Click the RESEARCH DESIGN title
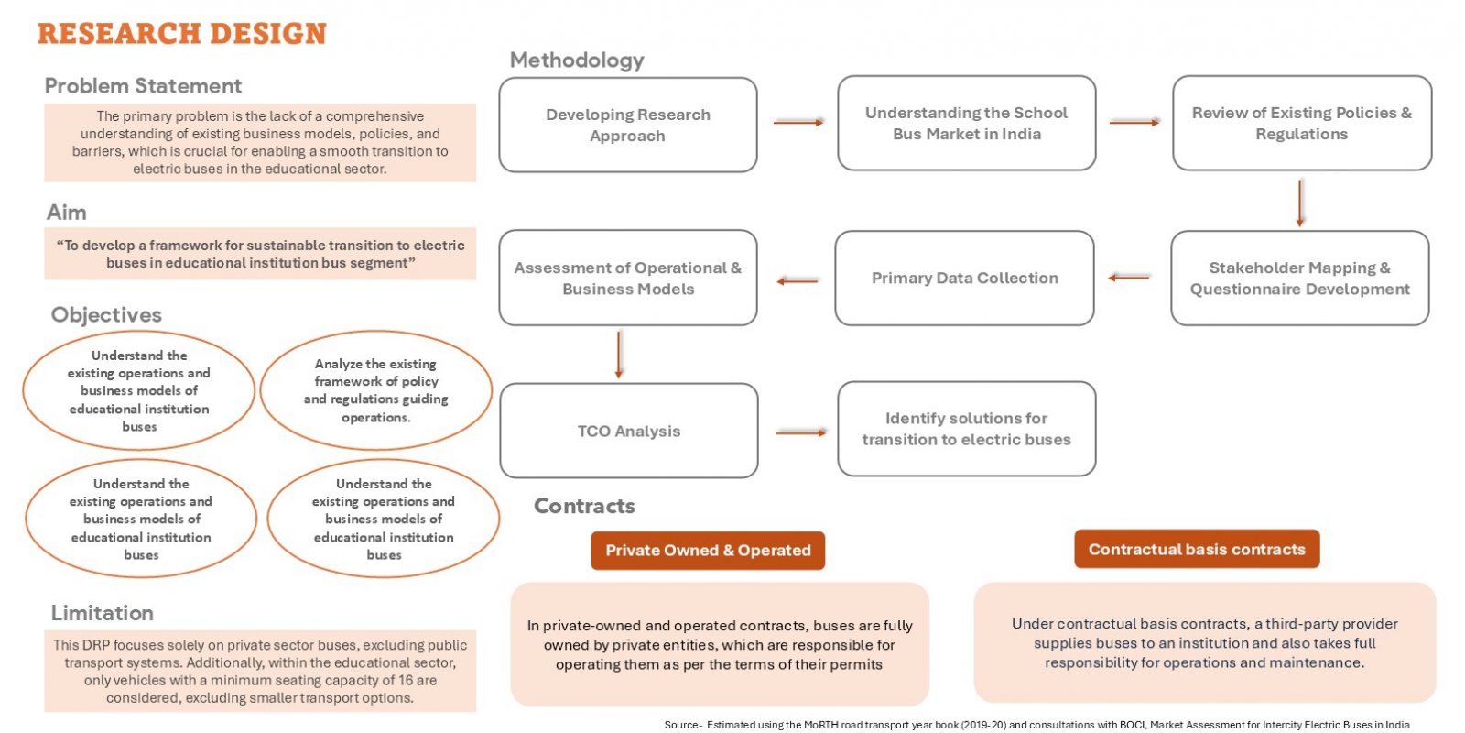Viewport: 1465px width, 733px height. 182,34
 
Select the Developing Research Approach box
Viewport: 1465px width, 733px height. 628,125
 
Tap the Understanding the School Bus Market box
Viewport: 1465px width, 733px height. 967,123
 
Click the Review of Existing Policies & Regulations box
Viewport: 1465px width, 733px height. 1302,123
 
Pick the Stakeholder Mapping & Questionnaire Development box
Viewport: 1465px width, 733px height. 1300,279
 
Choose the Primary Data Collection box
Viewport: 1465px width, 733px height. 965,279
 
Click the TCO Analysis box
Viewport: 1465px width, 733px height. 629,431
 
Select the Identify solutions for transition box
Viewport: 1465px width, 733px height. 967,429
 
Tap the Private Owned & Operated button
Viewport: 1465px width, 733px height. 708,551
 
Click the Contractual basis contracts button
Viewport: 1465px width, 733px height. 1197,549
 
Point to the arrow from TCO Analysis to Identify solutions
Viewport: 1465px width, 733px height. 801,432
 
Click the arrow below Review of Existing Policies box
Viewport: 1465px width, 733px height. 1300,202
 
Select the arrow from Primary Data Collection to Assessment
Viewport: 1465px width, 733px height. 798,281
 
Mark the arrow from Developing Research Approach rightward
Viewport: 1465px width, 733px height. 798,123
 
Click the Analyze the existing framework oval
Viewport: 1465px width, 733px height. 376,390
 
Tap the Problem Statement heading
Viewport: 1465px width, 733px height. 143,86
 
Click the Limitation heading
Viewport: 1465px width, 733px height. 102,613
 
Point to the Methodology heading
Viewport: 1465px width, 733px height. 577,60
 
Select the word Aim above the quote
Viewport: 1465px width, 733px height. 66,213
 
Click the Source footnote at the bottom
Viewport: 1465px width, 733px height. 1036,725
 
